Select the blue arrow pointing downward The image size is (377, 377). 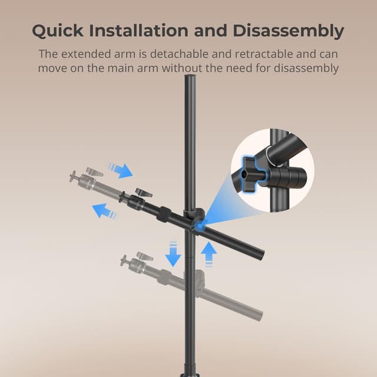[173, 254]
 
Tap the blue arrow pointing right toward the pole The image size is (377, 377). [121, 170]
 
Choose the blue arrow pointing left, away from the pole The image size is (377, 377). [104, 210]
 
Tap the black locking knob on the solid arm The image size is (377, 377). [141, 193]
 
